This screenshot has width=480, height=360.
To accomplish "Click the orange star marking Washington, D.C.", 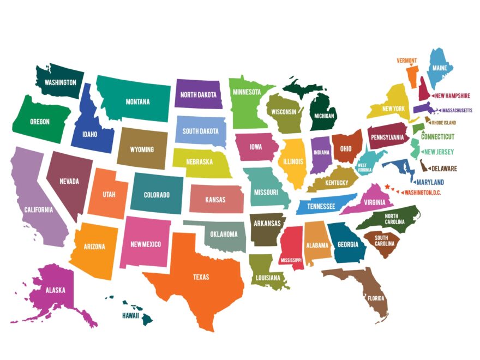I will (387, 187).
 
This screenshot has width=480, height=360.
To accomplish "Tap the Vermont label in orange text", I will (407, 60).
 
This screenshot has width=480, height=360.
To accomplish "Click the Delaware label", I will (445, 169).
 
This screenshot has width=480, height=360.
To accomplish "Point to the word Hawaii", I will (130, 315).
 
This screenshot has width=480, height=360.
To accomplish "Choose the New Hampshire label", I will (453, 96).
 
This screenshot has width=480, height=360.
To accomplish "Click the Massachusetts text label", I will (457, 110).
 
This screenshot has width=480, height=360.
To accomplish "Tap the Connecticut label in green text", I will (437, 136).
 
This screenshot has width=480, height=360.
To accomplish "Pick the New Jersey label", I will (439, 152).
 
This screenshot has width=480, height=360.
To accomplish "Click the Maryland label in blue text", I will (430, 182).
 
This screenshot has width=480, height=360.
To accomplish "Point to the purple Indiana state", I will (321, 153).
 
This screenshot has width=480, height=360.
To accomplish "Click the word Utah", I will (109, 195).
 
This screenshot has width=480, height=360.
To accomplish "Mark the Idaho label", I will (89, 134).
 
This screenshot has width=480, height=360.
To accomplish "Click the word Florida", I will (376, 298).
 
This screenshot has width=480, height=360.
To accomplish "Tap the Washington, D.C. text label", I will (423, 192).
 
